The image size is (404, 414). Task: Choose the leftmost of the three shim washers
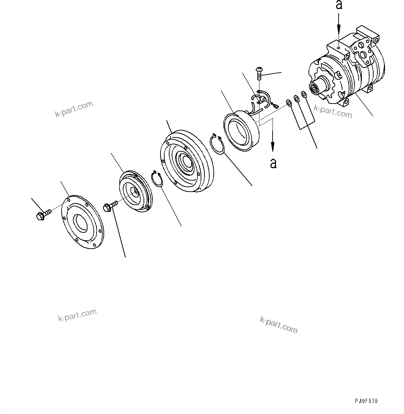[x=288, y=103]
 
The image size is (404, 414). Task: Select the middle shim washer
[x=296, y=99]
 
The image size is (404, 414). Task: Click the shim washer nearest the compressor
[x=304, y=94]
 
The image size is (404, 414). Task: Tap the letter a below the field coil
[x=273, y=163]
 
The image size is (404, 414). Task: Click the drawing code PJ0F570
[x=366, y=401]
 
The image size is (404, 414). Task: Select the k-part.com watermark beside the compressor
[x=333, y=111]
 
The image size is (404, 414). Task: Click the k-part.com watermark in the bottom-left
[x=77, y=315]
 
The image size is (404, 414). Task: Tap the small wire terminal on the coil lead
[x=275, y=106]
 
